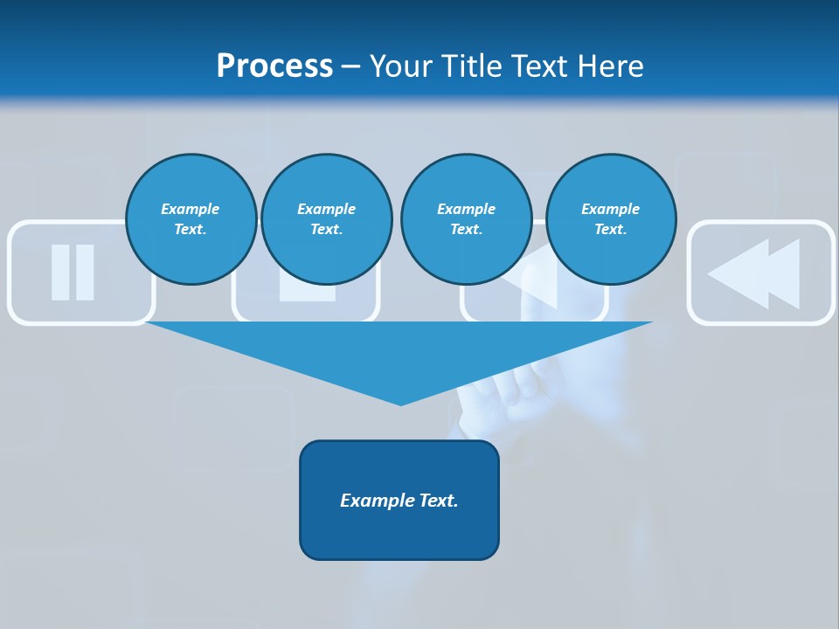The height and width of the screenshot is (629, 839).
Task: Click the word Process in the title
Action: pyautogui.click(x=274, y=66)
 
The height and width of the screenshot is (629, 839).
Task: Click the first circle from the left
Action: pyautogui.click(x=191, y=218)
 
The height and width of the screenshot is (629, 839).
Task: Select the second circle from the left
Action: pyautogui.click(x=326, y=218)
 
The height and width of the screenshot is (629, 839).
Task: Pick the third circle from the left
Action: pyautogui.click(x=466, y=218)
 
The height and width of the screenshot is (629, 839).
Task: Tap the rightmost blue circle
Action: pyautogui.click(x=610, y=218)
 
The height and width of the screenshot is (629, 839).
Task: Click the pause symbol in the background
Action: pyautogui.click(x=73, y=273)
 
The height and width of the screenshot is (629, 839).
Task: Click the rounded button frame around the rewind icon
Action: pyautogui.click(x=760, y=225)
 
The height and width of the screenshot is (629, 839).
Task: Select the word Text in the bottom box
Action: pyautogui.click(x=438, y=501)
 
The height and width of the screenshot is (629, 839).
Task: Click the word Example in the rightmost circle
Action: pyautogui.click(x=610, y=209)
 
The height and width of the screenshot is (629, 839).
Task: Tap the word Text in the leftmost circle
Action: pyautogui.click(x=190, y=230)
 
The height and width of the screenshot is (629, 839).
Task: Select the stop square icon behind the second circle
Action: pyautogui.click(x=307, y=292)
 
